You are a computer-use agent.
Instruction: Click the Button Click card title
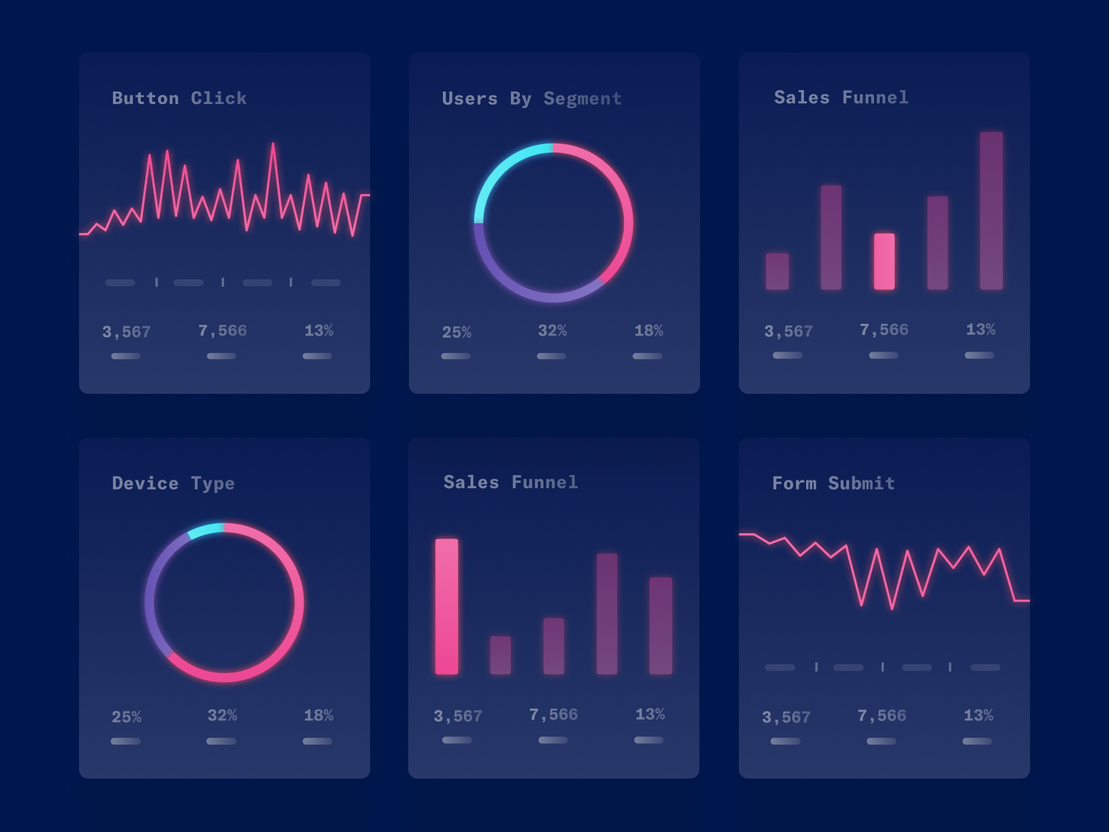click(x=179, y=98)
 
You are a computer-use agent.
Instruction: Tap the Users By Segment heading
click(x=532, y=98)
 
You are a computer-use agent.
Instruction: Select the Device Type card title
click(x=173, y=483)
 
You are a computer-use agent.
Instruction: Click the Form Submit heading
click(x=833, y=483)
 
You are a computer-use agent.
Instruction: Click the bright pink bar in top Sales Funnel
click(x=884, y=261)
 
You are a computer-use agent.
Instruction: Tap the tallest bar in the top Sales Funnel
click(x=991, y=210)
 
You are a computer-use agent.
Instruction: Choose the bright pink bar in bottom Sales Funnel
click(x=446, y=606)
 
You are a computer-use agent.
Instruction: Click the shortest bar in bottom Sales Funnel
click(x=500, y=655)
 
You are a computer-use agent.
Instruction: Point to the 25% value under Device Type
click(x=126, y=717)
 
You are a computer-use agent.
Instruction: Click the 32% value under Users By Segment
click(x=552, y=331)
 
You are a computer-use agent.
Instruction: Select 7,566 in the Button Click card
click(x=222, y=331)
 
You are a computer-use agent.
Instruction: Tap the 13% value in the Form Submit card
click(x=978, y=716)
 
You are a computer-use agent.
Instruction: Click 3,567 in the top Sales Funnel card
click(x=788, y=331)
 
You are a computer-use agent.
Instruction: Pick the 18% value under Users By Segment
click(x=649, y=331)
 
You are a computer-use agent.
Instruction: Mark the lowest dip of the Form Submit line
click(x=892, y=608)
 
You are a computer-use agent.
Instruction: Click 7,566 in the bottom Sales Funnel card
click(x=553, y=715)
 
